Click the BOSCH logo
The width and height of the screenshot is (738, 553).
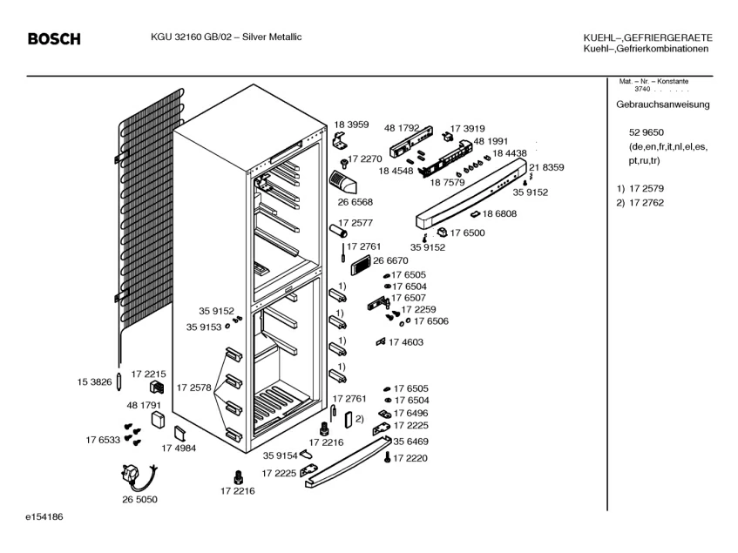coord(54,39)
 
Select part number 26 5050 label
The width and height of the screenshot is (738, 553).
coord(139,499)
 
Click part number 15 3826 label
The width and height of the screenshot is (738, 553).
coord(94,381)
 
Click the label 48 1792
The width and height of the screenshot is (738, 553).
coord(402,127)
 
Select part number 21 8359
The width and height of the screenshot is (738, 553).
coord(546,167)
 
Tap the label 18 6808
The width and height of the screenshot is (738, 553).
coord(499,213)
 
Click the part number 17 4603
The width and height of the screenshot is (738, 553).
coord(405,342)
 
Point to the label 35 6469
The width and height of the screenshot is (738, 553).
coord(410,442)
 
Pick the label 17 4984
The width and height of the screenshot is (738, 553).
coord(179,448)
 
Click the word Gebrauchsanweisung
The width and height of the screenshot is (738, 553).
coord(662,105)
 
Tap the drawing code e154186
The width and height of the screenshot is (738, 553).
coord(44,517)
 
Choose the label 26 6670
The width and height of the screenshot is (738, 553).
coord(390,260)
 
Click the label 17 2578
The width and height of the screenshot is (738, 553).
coord(193,387)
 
